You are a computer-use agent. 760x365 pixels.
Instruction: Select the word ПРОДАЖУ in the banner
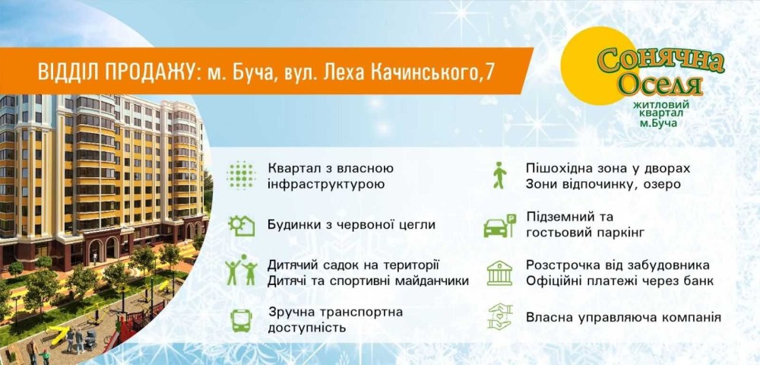click(x=149, y=71)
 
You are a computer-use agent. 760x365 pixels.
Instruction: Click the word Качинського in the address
click(x=421, y=71)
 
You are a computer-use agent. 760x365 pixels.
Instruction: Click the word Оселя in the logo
click(x=660, y=86)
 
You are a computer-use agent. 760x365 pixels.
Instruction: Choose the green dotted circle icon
click(x=242, y=175)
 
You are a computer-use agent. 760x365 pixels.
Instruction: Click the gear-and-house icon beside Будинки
click(x=242, y=225)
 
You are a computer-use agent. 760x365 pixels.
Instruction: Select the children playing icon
click(x=241, y=270)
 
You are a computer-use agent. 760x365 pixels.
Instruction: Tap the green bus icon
click(x=241, y=320)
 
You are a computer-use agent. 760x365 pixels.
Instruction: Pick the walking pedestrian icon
click(x=499, y=175)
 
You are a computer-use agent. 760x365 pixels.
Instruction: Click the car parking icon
click(x=500, y=226)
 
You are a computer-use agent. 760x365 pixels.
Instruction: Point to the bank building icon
click(x=500, y=273)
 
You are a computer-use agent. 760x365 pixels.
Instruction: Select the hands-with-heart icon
click(x=500, y=317)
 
